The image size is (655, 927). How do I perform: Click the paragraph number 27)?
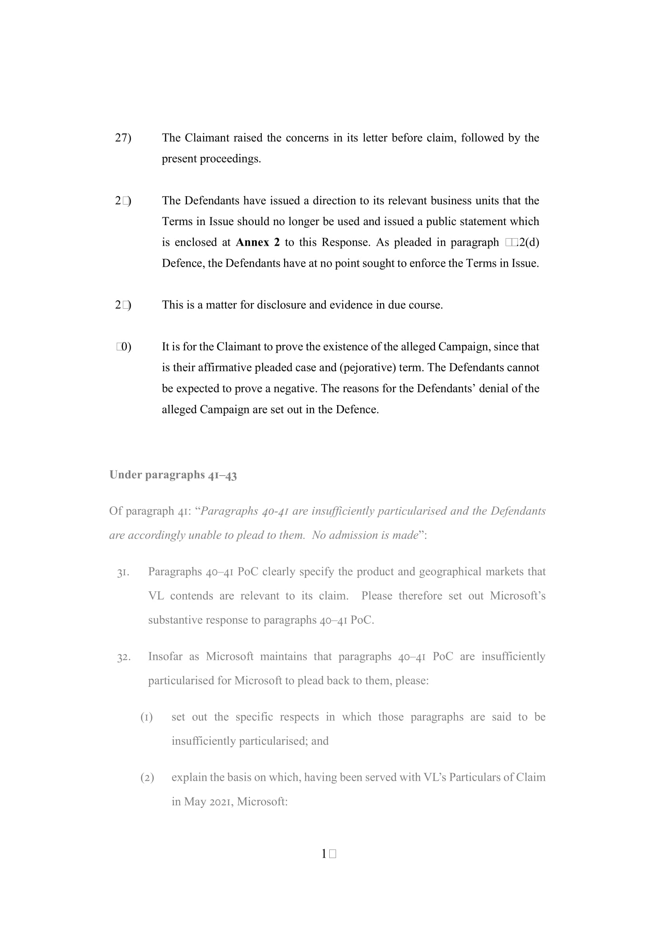pyautogui.click(x=123, y=138)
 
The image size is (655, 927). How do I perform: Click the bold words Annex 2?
pyautogui.click(x=258, y=242)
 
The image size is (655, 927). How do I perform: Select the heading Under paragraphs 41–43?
pyautogui.click(x=173, y=475)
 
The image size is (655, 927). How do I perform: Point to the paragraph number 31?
pyautogui.click(x=123, y=573)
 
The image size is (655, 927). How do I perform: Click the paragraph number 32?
pyautogui.click(x=124, y=657)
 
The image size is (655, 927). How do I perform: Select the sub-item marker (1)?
pyautogui.click(x=147, y=717)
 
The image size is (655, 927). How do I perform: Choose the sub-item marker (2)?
pyautogui.click(x=147, y=778)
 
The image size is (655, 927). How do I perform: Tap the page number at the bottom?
pyautogui.click(x=328, y=854)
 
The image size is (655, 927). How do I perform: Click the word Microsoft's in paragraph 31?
pyautogui.click(x=518, y=596)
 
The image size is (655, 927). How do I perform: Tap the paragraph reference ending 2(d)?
pyautogui.click(x=522, y=242)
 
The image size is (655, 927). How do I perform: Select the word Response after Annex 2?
pyautogui.click(x=346, y=242)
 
